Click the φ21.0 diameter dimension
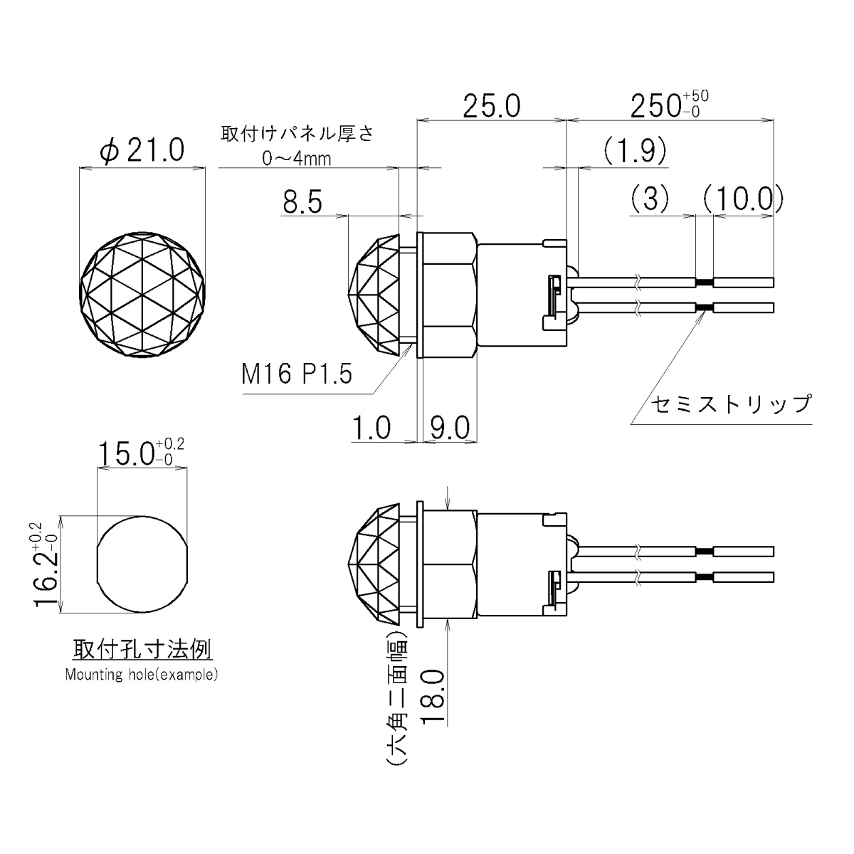[142, 150]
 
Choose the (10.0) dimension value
[742, 199]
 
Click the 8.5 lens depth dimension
[302, 203]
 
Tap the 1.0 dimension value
[371, 428]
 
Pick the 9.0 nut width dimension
[449, 428]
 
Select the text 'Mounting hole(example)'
[142, 675]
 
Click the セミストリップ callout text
[731, 404]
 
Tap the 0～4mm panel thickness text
[296, 159]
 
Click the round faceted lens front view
[143, 295]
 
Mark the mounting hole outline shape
[142, 566]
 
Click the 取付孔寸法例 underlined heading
[142, 650]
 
